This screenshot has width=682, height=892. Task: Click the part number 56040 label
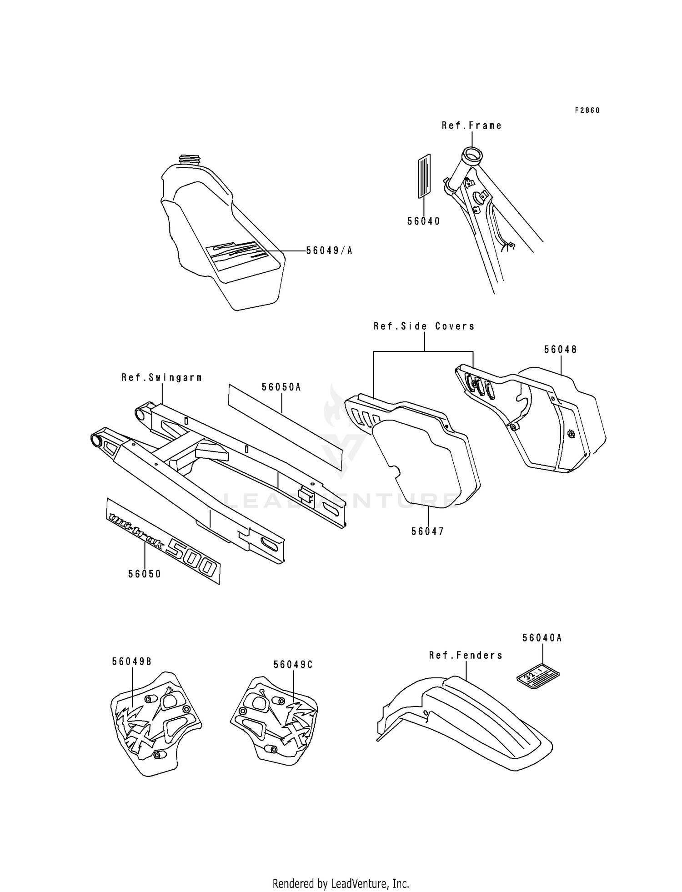tap(423, 221)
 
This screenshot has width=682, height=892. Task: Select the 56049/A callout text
tap(329, 251)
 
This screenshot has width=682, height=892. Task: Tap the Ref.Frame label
tap(471, 125)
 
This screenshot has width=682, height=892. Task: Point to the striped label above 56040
tap(424, 175)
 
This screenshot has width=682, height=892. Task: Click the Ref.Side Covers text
tap(424, 326)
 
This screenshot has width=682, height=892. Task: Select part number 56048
tap(560, 349)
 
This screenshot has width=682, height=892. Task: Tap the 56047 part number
tap(427, 531)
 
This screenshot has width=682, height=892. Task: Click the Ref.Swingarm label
tap(161, 377)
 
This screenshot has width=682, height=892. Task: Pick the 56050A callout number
tap(281, 387)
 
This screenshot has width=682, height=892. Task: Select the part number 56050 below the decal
tap(145, 574)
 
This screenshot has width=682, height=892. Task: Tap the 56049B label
tap(131, 661)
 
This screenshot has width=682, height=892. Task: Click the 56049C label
tap(293, 664)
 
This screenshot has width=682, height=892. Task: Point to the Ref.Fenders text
tap(466, 655)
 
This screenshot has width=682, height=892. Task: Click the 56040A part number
tap(542, 638)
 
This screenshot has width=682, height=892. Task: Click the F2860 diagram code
tap(587, 110)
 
